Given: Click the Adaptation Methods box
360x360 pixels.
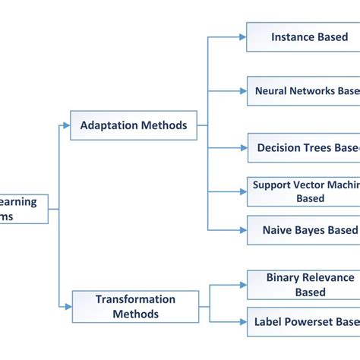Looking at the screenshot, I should tap(133, 125).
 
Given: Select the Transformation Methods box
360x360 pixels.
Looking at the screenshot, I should tap(135, 305).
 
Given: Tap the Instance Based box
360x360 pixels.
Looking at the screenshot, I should tap(303, 36).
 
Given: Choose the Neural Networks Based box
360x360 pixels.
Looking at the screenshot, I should tap(303, 90).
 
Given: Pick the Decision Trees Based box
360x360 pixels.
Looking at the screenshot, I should tap(303, 147).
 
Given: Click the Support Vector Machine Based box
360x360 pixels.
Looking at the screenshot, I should tap(303, 191).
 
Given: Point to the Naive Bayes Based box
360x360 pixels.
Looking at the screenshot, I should tap(303, 229).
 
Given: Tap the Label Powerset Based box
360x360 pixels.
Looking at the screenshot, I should tap(303, 321).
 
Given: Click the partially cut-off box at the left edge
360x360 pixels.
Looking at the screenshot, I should tap(24, 209).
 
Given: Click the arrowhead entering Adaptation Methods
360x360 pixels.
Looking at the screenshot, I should tap(66, 125).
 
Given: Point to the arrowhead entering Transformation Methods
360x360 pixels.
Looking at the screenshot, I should tap(68, 306).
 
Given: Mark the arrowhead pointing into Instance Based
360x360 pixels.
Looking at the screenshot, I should tap(242, 36).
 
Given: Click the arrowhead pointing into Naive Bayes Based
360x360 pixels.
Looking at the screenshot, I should tap(242, 229).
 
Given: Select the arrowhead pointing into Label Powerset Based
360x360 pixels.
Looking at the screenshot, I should tap(242, 321).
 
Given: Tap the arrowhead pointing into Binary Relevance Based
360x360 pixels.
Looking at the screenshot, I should tap(242, 286).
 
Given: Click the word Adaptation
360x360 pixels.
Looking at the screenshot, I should tap(107, 125).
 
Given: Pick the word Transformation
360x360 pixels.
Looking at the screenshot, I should tap(135, 299).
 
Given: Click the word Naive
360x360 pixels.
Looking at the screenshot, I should tap(278, 230).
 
